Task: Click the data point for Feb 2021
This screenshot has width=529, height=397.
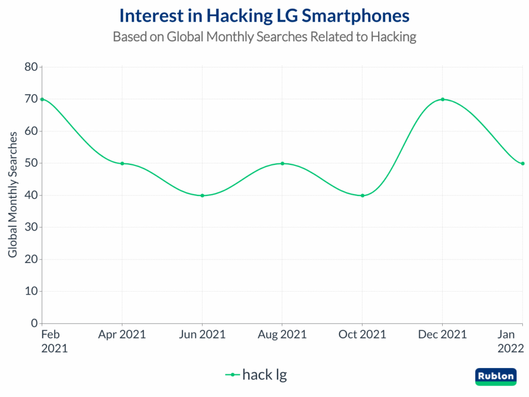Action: [42, 99]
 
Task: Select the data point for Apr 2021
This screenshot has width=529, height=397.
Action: [122, 163]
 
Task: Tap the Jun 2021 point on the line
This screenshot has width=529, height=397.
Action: [202, 195]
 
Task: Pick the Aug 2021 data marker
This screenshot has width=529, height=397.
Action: [282, 163]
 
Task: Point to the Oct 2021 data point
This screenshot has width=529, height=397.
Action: [362, 195]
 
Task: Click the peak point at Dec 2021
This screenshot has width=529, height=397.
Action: [443, 99]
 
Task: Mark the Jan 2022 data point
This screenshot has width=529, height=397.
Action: [523, 163]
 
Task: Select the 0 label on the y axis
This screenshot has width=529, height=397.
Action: [34, 324]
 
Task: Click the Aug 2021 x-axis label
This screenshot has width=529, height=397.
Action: [282, 334]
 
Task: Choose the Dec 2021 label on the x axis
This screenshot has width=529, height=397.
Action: [443, 334]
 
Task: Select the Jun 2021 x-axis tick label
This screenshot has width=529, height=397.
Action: [202, 334]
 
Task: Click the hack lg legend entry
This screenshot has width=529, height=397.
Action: [256, 375]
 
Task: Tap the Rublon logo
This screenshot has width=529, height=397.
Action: [495, 376]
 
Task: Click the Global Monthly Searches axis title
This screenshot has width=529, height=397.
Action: [13, 194]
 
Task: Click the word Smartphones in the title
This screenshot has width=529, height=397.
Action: [356, 16]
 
